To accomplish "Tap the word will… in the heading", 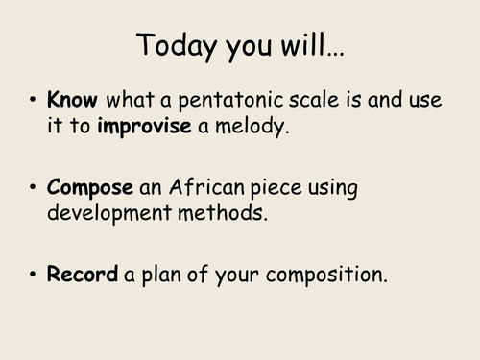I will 313,45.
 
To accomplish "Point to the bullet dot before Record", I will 34,276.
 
